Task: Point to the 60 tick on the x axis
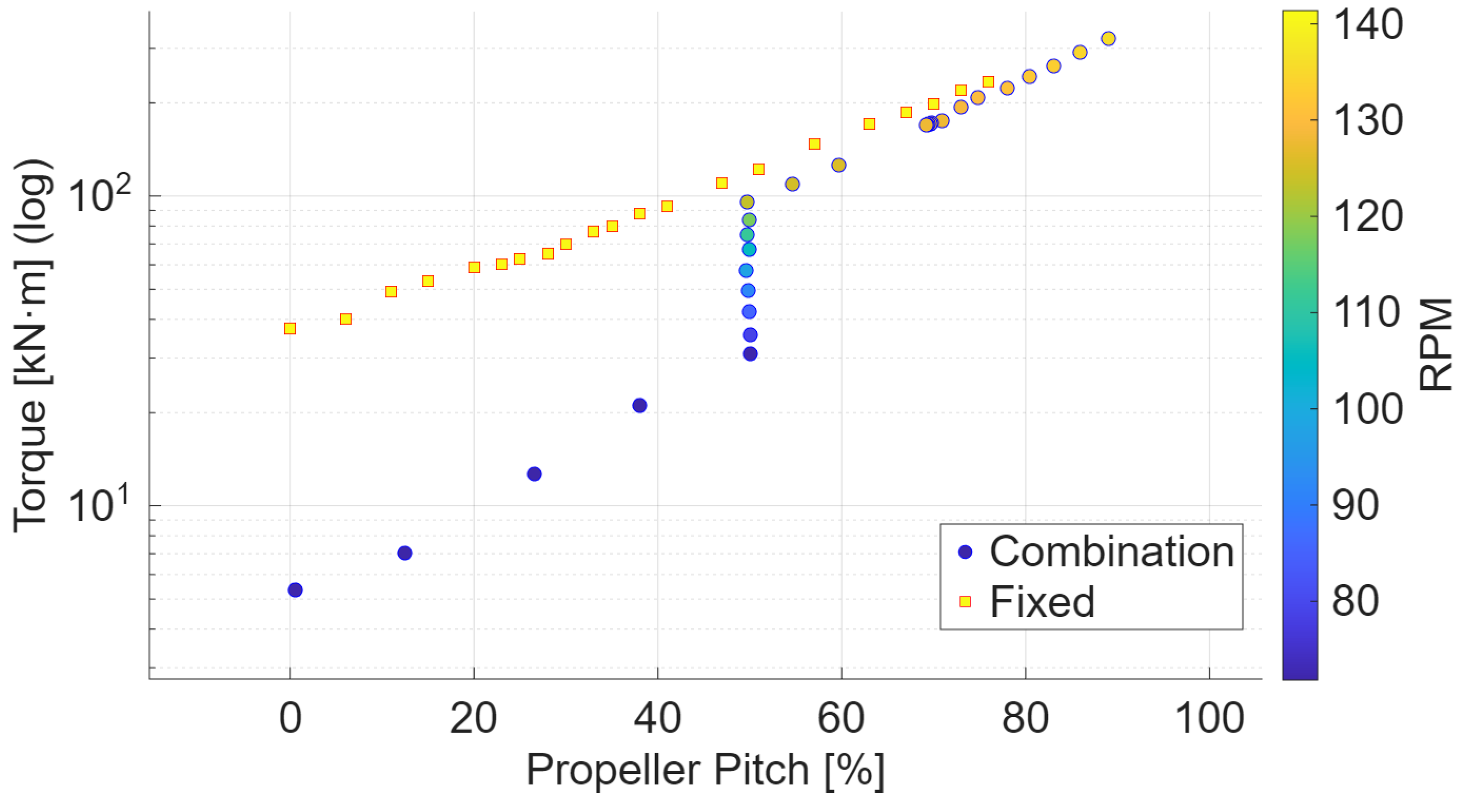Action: [841, 718]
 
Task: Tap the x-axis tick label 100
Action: [1209, 718]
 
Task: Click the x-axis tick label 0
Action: [290, 718]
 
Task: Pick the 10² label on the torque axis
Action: [99, 196]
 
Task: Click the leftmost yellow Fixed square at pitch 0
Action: [290, 329]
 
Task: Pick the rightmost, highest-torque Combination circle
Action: [1108, 39]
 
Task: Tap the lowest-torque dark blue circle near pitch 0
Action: [295, 590]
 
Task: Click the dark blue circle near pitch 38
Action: [639, 405]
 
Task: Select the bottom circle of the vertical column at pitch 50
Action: [750, 354]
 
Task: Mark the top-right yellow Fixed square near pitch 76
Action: [988, 82]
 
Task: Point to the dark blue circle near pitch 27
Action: [534, 474]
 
